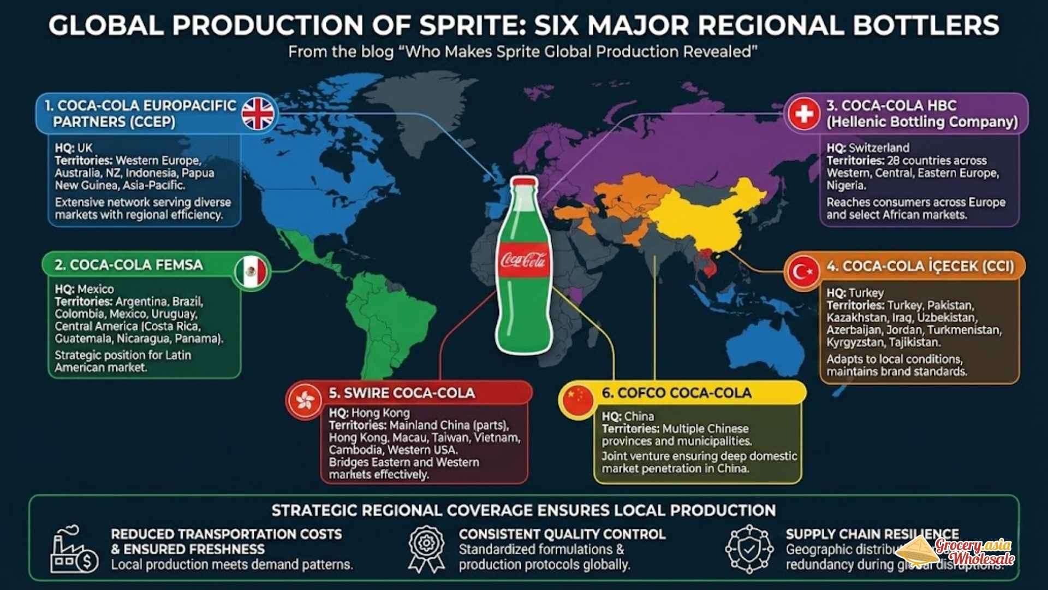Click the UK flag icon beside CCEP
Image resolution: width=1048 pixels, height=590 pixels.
pyautogui.click(x=258, y=114)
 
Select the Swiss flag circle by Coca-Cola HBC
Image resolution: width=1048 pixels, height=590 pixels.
pyautogui.click(x=803, y=114)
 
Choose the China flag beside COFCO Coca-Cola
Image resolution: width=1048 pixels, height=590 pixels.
pyautogui.click(x=577, y=401)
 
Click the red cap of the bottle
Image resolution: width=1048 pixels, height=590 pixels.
pyautogui.click(x=523, y=182)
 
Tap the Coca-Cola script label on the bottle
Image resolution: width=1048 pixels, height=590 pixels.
pyautogui.click(x=523, y=261)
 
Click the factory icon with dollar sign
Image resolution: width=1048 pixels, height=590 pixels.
pyautogui.click(x=74, y=551)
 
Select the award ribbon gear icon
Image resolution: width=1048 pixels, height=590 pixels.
pyautogui.click(x=426, y=548)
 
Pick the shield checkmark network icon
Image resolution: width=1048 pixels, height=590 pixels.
pyautogui.click(x=749, y=548)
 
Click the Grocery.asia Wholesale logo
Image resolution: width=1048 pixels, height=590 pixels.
pyautogui.click(x=961, y=552)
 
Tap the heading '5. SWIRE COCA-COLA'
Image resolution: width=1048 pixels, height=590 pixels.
pyautogui.click(x=401, y=393)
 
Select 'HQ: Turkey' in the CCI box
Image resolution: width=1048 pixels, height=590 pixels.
pyautogui.click(x=855, y=293)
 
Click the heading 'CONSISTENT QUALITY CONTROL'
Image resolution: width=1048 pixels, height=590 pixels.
pyautogui.click(x=562, y=534)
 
